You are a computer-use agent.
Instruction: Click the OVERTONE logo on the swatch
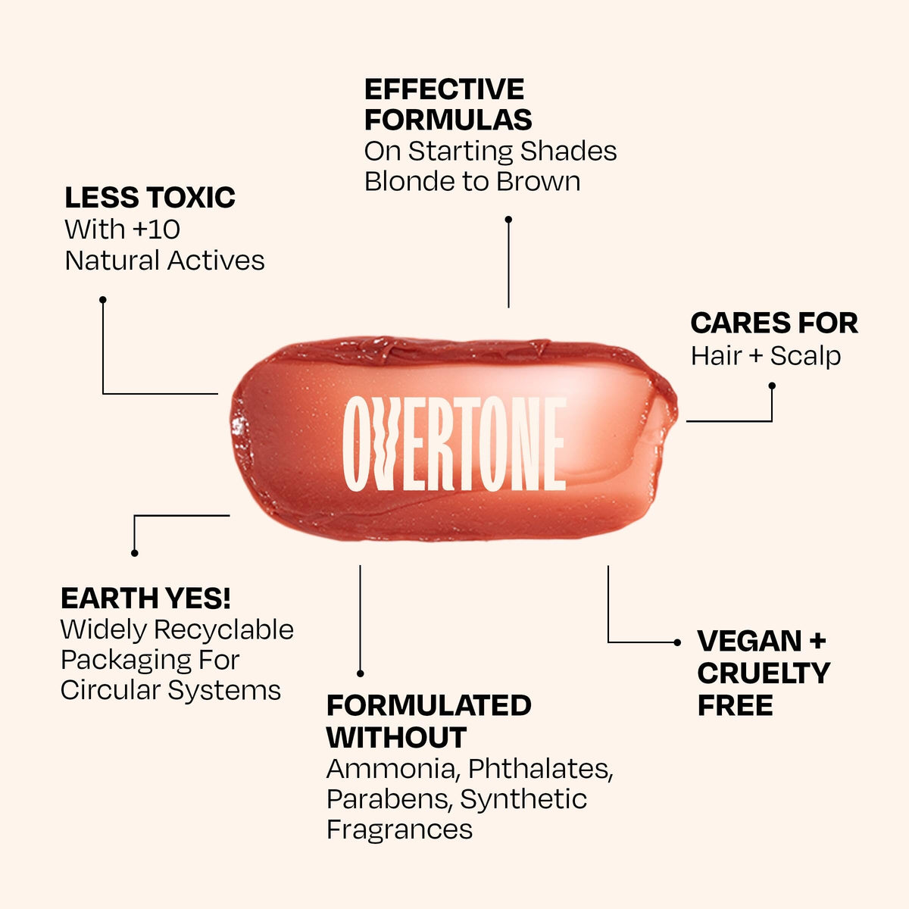point(454,443)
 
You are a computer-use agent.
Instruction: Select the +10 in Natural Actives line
point(156,230)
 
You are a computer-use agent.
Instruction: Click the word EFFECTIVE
point(444,89)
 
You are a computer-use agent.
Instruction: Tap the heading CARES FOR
point(774,323)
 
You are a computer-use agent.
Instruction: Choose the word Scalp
point(806,356)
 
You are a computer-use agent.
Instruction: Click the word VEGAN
point(749,641)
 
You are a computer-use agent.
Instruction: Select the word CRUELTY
point(764,673)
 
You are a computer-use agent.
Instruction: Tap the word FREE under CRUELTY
point(735,705)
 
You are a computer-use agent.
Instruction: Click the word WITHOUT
point(396,737)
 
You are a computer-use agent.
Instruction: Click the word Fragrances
point(399,829)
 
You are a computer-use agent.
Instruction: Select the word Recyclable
point(223,629)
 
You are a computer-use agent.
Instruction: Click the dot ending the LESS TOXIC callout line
point(103,299)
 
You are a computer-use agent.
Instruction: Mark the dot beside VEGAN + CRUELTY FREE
point(677,642)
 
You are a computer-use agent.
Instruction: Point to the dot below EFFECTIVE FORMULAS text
point(508,220)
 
